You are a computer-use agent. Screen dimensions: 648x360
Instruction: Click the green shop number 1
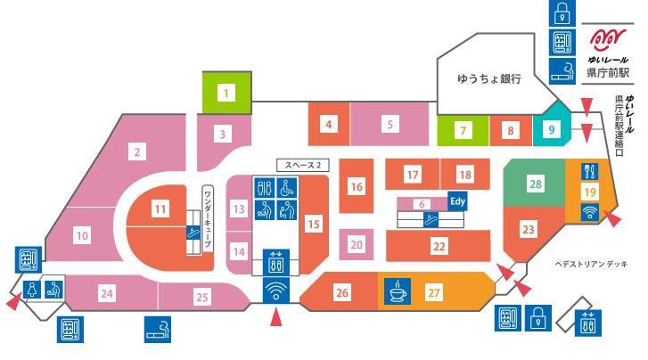[x=226, y=93]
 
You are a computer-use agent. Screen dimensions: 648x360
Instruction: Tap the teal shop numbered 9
[x=552, y=130]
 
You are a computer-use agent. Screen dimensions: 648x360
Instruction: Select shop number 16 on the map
[x=357, y=186]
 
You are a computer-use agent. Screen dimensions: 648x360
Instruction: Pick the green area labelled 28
[x=536, y=184]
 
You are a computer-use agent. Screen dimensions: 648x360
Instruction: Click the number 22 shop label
[x=439, y=247]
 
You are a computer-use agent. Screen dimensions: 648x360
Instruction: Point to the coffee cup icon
[x=398, y=291]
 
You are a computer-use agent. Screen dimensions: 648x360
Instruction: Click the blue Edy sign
[x=457, y=201]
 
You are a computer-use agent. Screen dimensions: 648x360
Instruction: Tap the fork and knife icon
[x=590, y=171]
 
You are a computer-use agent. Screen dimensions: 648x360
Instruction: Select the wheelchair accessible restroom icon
[x=286, y=188]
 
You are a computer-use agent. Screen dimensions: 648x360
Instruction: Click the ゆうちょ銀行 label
[x=488, y=78]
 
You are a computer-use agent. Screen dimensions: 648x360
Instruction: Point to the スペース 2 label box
[x=303, y=166]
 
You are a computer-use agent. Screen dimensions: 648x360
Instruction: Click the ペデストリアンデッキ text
[x=591, y=264]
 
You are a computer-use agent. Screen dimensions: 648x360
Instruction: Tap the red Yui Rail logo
[x=608, y=40]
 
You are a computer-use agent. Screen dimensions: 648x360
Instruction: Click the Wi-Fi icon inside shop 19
[x=590, y=212]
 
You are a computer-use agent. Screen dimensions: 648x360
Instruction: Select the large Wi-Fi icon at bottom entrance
[x=275, y=290]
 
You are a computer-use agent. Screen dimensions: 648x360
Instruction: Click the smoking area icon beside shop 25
[x=158, y=330]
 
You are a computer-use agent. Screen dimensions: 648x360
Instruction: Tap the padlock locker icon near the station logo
[x=562, y=13]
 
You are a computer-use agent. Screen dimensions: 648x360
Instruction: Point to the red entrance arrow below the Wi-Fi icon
[x=276, y=318]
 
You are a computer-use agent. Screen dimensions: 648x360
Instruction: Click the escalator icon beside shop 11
[x=193, y=233]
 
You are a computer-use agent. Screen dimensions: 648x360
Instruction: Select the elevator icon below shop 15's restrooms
[x=276, y=262]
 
